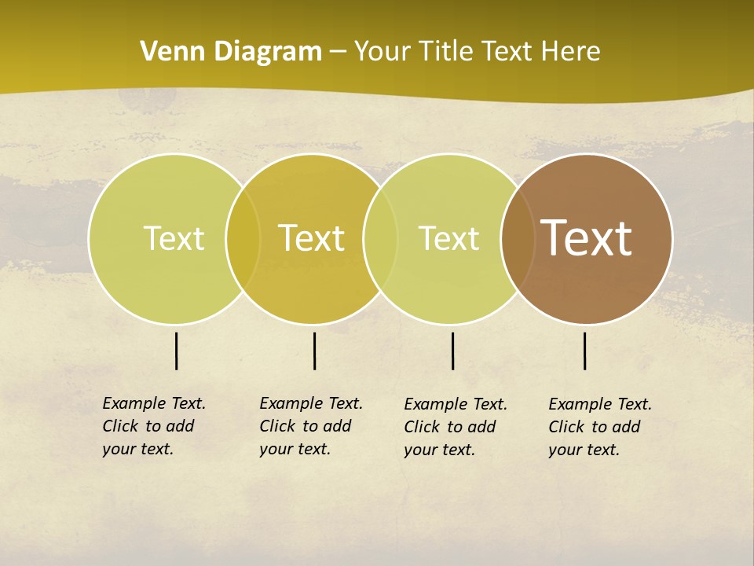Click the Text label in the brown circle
coord(586,238)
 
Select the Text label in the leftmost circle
coord(174,238)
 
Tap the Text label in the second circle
coord(311,238)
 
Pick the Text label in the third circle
coord(448,238)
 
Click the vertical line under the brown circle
coord(585,351)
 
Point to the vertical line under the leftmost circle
coord(177,351)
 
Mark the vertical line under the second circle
coord(314,351)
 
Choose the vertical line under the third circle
coord(452,351)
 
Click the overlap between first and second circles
coord(243,238)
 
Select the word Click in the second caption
coord(277,426)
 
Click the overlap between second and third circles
coord(379,238)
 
